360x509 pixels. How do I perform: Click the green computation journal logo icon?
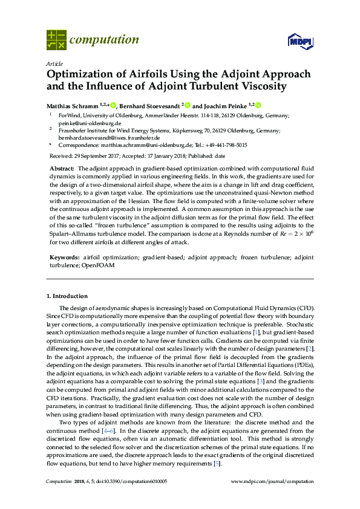pyautogui.click(x=56, y=40)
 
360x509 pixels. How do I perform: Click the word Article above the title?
pyautogui.click(x=53, y=63)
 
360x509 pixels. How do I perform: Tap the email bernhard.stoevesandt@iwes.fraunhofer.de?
pyautogui.click(x=105, y=137)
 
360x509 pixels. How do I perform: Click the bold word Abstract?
pyautogui.click(x=62, y=167)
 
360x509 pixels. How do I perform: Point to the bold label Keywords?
pyautogui.click(x=64, y=258)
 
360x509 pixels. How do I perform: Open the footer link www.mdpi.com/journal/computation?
pyautogui.click(x=273, y=482)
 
